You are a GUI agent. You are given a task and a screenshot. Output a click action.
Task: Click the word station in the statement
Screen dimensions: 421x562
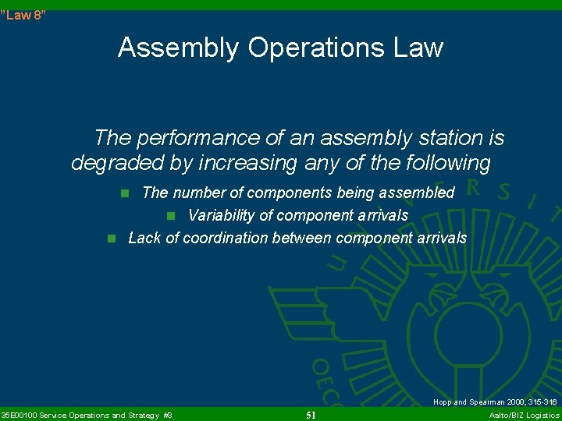point(440,139)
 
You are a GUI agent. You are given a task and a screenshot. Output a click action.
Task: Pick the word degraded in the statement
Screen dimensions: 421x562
point(114,163)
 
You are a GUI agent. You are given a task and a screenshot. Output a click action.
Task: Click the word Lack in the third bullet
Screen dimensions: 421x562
point(144,238)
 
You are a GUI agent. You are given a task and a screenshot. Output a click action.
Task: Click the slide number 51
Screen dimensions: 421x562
point(311,415)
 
